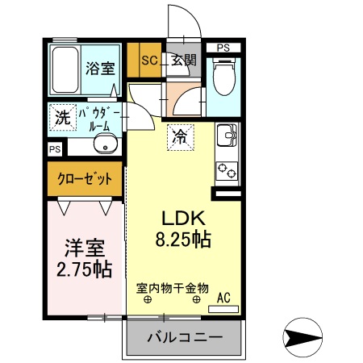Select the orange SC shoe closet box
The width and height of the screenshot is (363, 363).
pos(149,59)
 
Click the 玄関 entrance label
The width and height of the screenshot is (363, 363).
pos(183,59)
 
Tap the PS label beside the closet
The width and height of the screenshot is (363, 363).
pos(55,149)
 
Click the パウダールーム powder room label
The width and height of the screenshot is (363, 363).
pos(99,119)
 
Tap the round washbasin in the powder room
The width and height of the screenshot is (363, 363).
pos(104,145)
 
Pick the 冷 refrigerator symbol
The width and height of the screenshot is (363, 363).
pos(180,136)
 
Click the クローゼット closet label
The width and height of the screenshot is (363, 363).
pos(84,179)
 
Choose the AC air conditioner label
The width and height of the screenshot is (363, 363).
pos(223,298)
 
